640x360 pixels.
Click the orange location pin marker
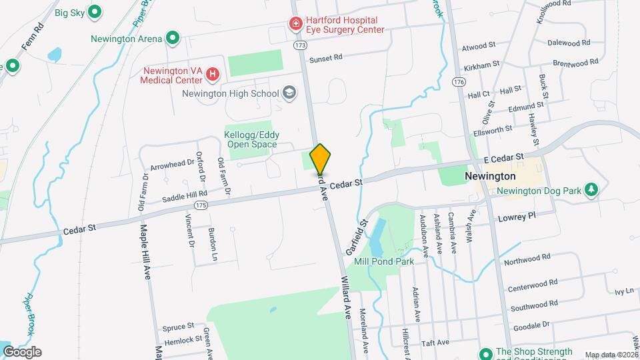(x=320, y=159)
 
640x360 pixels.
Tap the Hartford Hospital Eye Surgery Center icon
(x=295, y=24)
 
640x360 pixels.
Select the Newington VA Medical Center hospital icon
(x=211, y=73)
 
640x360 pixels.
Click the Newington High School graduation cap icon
(x=289, y=93)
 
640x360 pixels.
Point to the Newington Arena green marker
(x=173, y=38)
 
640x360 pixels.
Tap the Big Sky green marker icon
(x=95, y=11)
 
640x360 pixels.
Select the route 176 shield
(x=457, y=81)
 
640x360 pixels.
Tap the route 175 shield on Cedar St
(x=202, y=205)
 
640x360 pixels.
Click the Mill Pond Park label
(x=384, y=261)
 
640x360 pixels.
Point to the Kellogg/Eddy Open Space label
(x=253, y=139)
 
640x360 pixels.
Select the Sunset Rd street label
(x=326, y=57)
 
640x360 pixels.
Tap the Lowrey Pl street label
(x=517, y=217)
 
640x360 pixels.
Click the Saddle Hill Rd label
(x=185, y=197)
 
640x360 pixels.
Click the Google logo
(x=22, y=351)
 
